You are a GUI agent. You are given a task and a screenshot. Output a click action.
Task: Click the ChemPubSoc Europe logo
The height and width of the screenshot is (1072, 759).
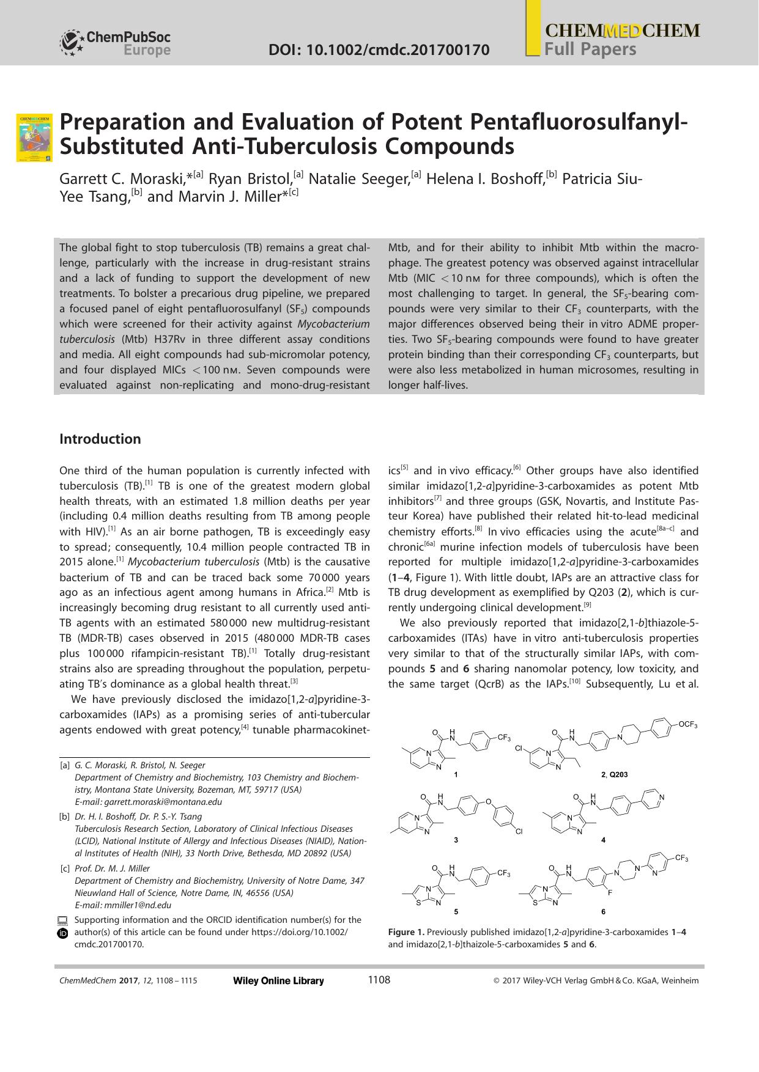115,43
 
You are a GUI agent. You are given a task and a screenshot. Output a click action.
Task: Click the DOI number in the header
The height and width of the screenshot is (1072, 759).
379,50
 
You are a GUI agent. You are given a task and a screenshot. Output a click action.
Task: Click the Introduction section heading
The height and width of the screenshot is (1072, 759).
100,439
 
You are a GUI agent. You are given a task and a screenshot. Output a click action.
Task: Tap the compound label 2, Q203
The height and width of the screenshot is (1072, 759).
614,775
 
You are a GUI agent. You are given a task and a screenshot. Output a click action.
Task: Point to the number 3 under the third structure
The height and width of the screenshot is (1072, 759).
456,840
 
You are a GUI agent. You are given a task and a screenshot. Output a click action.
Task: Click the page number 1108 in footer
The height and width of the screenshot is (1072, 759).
379,980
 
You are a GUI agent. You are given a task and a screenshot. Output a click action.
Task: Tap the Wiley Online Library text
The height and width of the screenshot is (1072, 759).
278,981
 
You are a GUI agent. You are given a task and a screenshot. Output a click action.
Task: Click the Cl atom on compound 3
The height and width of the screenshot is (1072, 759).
519,832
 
